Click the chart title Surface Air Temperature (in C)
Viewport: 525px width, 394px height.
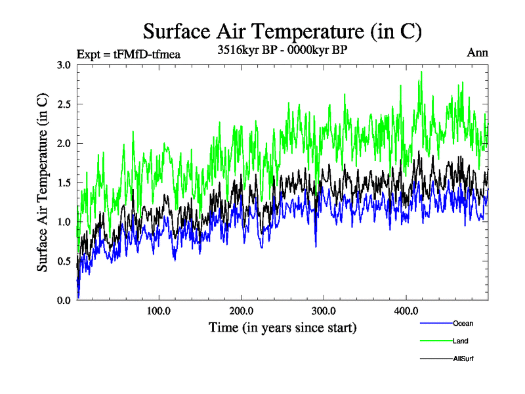click(282, 31)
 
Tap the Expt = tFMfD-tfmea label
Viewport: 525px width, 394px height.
click(129, 54)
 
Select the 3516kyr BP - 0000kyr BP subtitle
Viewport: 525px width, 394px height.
click(282, 49)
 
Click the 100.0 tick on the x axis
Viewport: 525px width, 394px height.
click(159, 311)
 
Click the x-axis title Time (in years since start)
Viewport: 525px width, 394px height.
click(282, 327)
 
